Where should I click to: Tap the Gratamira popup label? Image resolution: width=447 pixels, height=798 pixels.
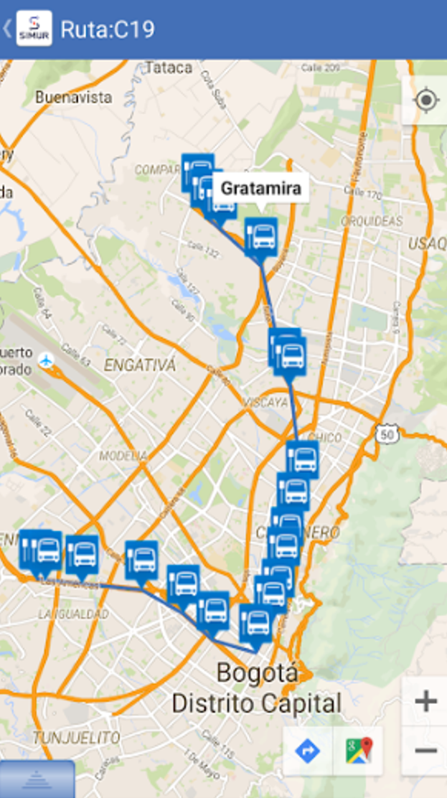coord(260,189)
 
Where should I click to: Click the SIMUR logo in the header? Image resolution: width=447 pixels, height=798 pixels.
coord(34,29)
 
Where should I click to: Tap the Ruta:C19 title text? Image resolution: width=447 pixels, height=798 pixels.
coord(108,29)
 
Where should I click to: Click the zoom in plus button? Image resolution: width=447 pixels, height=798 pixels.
coord(425,701)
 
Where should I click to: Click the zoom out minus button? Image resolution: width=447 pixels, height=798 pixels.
coord(425,751)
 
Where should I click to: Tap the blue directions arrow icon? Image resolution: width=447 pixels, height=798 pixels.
coord(308,751)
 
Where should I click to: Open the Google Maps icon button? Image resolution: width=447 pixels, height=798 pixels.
coord(359,751)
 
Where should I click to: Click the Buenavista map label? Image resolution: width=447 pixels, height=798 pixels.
coord(73,97)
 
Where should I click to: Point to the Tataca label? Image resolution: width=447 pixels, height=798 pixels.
coord(169,68)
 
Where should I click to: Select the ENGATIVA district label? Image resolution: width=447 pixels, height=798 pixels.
coord(140,365)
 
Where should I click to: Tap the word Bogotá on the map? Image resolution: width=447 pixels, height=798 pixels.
coord(257,673)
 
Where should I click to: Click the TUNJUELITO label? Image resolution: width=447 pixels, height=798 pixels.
coord(75,738)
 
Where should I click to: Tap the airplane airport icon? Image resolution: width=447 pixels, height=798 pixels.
coord(47,360)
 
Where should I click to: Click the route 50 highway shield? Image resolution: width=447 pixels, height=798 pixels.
coord(386,433)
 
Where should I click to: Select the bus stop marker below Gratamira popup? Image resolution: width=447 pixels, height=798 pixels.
coord(261,235)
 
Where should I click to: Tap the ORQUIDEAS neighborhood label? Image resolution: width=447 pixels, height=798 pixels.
coord(372,220)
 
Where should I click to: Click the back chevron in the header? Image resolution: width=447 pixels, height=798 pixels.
coord(6,29)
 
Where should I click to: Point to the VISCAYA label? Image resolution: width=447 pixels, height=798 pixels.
coord(265,403)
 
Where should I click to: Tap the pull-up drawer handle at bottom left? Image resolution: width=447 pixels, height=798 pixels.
coord(37,780)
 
